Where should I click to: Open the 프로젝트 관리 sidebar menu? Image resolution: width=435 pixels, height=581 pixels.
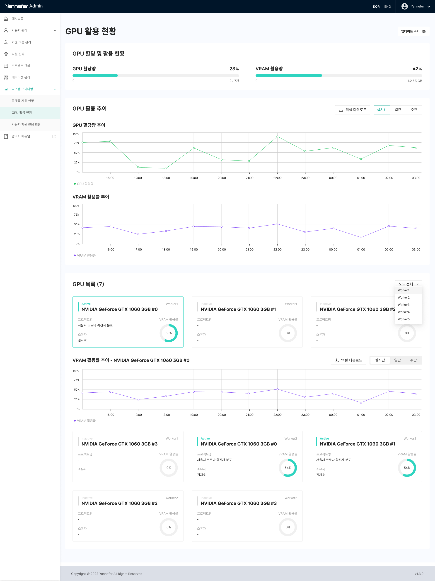pos(21,66)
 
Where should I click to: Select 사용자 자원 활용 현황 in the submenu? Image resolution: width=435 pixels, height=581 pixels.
pos(26,124)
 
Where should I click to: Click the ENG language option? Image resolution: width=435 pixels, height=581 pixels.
pos(387,7)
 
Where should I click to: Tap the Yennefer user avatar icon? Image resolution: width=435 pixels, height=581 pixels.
pos(404,6)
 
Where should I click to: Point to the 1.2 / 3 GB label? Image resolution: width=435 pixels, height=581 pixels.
pos(415,81)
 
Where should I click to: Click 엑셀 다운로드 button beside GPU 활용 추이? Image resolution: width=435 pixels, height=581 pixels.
pos(352,110)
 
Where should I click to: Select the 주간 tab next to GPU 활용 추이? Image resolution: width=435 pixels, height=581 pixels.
pos(414,110)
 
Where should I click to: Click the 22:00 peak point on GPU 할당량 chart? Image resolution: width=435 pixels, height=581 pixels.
pos(277,137)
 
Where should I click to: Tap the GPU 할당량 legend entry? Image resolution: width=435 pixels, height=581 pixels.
pos(84,184)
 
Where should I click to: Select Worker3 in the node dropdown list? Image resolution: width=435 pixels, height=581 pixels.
pos(404,305)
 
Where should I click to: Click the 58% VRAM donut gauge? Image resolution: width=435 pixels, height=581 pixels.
pos(169,333)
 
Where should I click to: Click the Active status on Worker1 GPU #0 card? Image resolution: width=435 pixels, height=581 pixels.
pos(86,304)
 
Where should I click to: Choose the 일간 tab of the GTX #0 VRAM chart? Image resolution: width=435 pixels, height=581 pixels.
pos(397,360)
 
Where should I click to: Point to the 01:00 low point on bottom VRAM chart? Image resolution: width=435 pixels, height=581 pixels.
pos(361,403)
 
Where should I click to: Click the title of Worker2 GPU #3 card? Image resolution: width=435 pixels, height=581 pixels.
pos(238,503)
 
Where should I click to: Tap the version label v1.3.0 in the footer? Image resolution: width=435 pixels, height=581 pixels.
pos(419,574)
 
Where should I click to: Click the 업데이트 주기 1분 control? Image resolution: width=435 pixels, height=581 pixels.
pos(413,31)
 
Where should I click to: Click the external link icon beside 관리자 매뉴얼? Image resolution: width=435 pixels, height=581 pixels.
pos(54,136)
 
